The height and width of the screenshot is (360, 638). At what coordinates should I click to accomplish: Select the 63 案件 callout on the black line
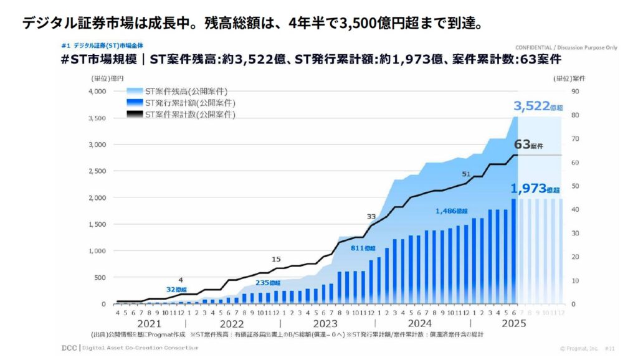point(529,144)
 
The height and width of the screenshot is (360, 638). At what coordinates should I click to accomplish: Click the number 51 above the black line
point(466,174)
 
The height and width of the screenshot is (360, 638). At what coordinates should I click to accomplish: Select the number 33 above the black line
point(371,216)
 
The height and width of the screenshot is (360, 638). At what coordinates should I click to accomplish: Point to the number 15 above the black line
point(277,258)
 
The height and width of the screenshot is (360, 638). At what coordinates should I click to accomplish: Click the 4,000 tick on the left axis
point(97,92)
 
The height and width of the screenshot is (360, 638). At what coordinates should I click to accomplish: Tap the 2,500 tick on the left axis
point(97,171)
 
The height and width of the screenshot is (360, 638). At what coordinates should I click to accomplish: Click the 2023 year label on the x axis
point(325,324)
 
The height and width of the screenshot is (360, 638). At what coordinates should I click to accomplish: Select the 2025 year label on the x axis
point(513,324)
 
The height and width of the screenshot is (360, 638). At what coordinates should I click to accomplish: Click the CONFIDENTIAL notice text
point(558,47)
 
